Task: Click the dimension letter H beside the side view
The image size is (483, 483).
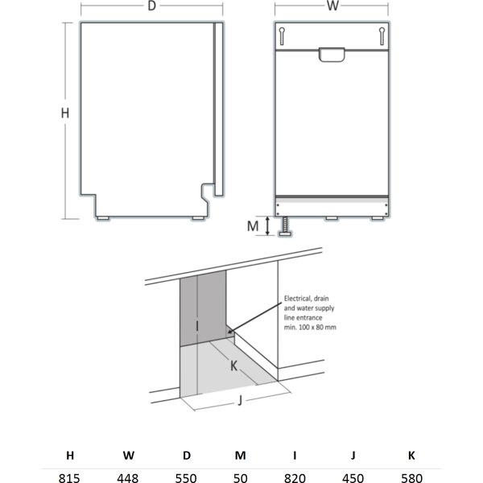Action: [x=66, y=114]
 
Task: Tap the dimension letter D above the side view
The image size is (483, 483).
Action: [x=151, y=7]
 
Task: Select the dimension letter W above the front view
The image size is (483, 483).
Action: [x=333, y=7]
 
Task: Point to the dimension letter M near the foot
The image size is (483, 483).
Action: [x=253, y=226]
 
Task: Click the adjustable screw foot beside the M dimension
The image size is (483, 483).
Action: [x=283, y=227]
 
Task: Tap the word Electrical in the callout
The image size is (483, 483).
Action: [x=297, y=297]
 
